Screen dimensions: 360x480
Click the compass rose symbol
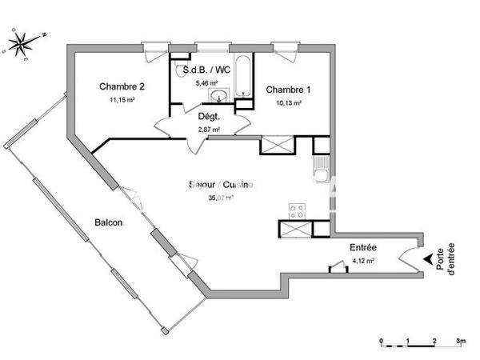24,43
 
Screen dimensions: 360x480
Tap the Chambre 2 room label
122,86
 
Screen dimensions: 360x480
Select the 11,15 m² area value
122,100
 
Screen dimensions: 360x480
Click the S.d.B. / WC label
206,70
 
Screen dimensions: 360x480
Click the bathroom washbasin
219,97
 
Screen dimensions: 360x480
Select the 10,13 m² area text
288,102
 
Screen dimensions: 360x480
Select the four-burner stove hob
297,211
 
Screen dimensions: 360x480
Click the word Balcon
108,222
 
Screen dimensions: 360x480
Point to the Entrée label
363,248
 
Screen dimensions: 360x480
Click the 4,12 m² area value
364,261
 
